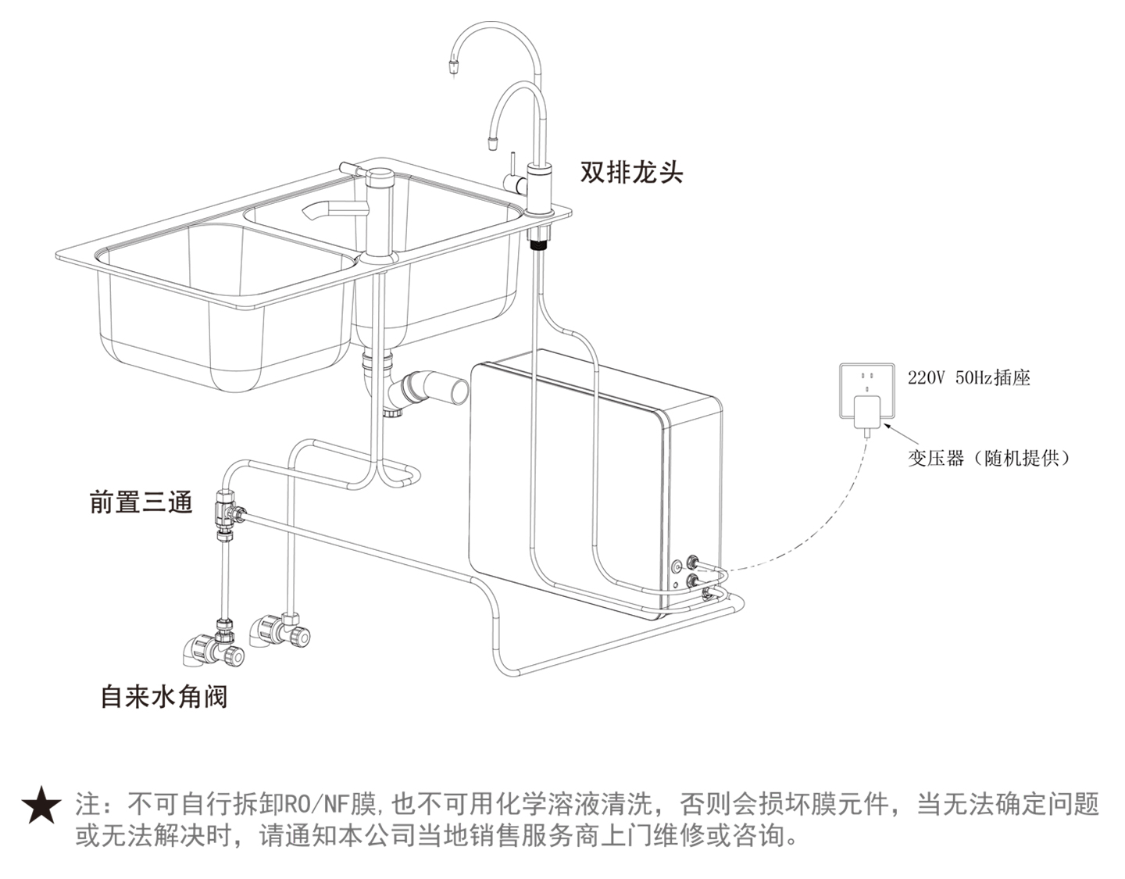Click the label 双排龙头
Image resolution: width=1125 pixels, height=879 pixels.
coord(631,172)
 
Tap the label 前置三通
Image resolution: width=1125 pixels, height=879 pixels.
coord(141,502)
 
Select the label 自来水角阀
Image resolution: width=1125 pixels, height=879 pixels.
coord(164,696)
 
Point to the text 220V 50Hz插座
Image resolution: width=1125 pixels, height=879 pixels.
coord(969,378)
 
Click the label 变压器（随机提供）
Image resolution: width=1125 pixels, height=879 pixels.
coord(988,458)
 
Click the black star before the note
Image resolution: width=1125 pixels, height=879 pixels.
coord(41,807)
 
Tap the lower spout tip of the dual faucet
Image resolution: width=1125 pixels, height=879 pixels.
coord(493,143)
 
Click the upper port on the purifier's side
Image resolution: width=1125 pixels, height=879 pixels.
coord(692,562)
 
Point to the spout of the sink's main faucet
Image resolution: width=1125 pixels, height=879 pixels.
coord(320,210)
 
